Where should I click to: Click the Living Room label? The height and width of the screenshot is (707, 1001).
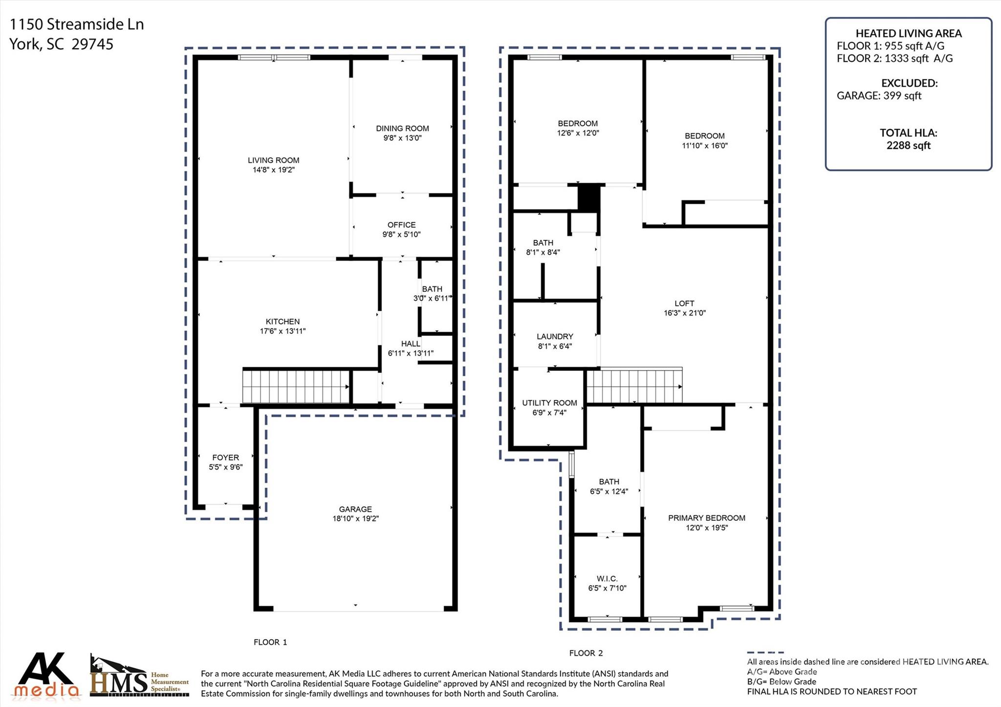(x=273, y=160)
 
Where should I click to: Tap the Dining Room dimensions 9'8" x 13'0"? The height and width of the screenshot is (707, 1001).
(x=402, y=138)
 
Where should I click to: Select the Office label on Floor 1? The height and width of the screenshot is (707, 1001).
(x=401, y=225)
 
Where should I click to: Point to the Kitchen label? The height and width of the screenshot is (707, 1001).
(x=283, y=321)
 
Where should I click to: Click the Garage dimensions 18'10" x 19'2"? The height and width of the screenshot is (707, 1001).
(x=355, y=519)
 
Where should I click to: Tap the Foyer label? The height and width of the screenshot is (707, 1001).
(x=225, y=458)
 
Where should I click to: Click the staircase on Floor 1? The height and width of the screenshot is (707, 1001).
(x=296, y=386)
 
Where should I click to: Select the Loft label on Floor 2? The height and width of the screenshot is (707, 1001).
(x=684, y=303)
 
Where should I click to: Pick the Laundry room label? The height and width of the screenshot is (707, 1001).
(x=555, y=337)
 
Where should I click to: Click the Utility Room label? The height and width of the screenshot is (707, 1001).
(x=549, y=403)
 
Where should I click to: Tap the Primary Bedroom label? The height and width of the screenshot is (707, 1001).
(x=706, y=518)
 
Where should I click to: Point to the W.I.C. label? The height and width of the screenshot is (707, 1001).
(x=607, y=579)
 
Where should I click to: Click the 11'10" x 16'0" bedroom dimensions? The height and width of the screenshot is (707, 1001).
(x=704, y=146)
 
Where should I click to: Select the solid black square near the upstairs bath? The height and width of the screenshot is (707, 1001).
(x=588, y=197)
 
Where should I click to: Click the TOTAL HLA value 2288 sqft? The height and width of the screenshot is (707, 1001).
(x=908, y=146)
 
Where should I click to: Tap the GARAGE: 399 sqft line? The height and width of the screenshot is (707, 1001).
(x=878, y=96)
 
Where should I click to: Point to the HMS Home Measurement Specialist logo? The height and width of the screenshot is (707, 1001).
(x=139, y=677)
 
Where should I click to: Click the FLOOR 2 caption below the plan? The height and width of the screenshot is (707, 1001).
(x=586, y=653)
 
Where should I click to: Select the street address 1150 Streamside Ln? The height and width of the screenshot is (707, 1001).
(x=77, y=24)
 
